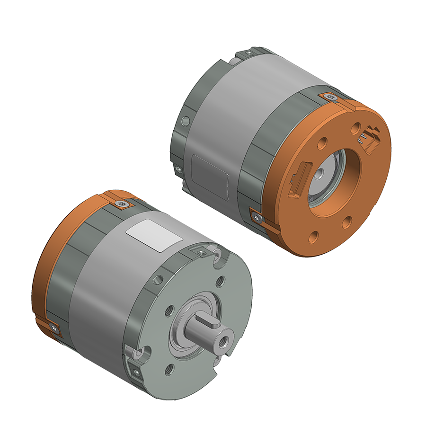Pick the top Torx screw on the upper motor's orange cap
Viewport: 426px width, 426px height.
(x=331, y=97)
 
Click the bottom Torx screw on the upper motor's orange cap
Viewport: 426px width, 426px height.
(x=257, y=217)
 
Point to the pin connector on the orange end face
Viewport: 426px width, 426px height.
(x=371, y=138)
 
